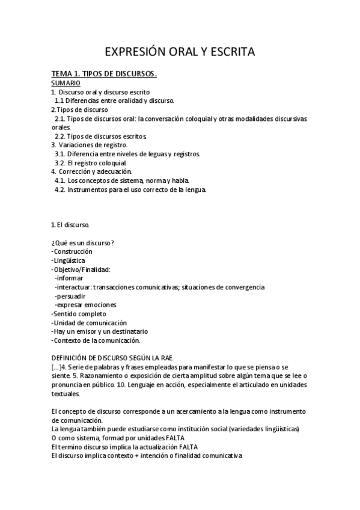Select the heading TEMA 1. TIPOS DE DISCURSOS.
(x=105, y=74)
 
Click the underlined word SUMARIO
(x=66, y=82)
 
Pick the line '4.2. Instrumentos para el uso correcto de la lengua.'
(x=130, y=189)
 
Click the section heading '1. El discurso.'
(x=71, y=225)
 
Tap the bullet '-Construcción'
(x=73, y=251)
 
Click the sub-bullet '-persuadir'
(x=70, y=296)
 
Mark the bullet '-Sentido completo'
(x=79, y=313)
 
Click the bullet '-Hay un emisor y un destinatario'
(x=100, y=331)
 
